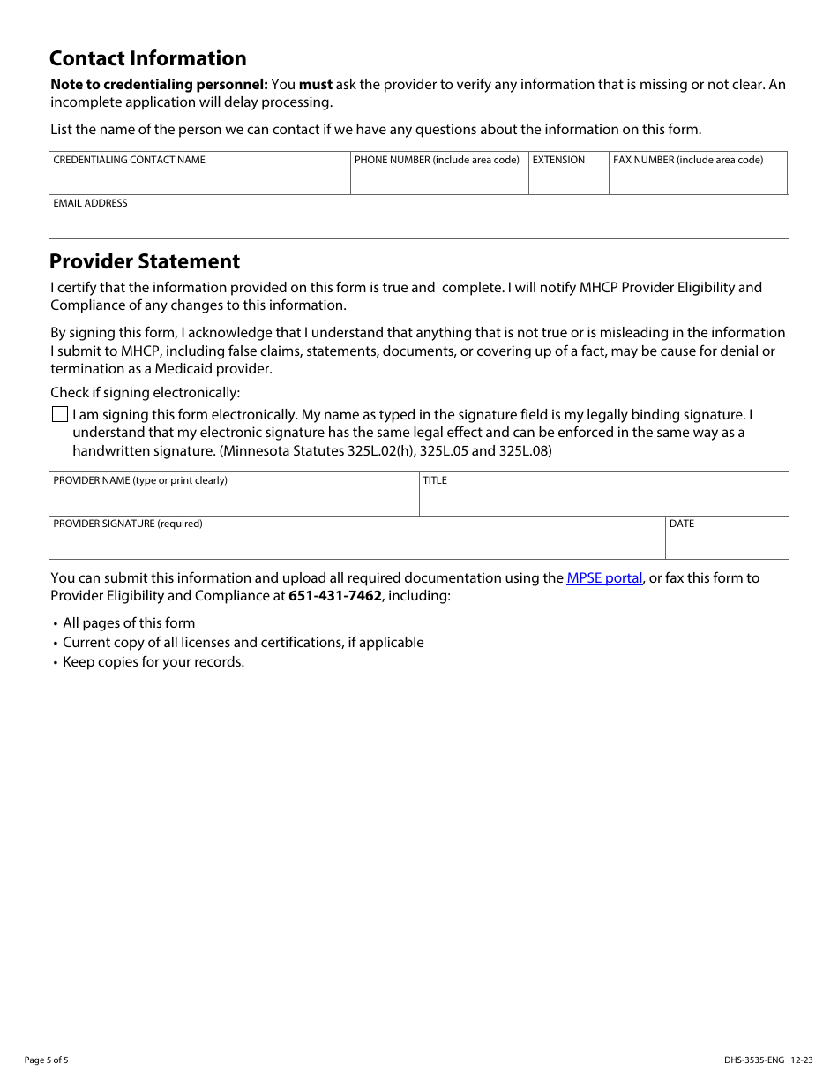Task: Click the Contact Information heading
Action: click(x=148, y=59)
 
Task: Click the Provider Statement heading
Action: click(x=145, y=262)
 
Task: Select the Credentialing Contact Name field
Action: click(x=199, y=178)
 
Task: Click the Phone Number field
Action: click(x=438, y=178)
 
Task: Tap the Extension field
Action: click(x=568, y=178)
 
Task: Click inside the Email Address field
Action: click(x=418, y=222)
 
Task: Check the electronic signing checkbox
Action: click(x=60, y=415)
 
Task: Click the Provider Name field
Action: click(x=234, y=500)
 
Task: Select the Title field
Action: click(x=603, y=500)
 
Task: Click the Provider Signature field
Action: click(x=356, y=543)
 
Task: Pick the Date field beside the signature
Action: click(x=726, y=543)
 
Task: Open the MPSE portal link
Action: click(x=604, y=578)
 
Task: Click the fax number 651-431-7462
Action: click(x=335, y=596)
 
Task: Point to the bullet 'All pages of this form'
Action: click(x=129, y=623)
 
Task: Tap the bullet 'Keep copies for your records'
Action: click(x=153, y=662)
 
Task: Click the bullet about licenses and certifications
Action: click(x=243, y=643)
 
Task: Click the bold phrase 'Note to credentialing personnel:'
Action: click(x=159, y=85)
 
